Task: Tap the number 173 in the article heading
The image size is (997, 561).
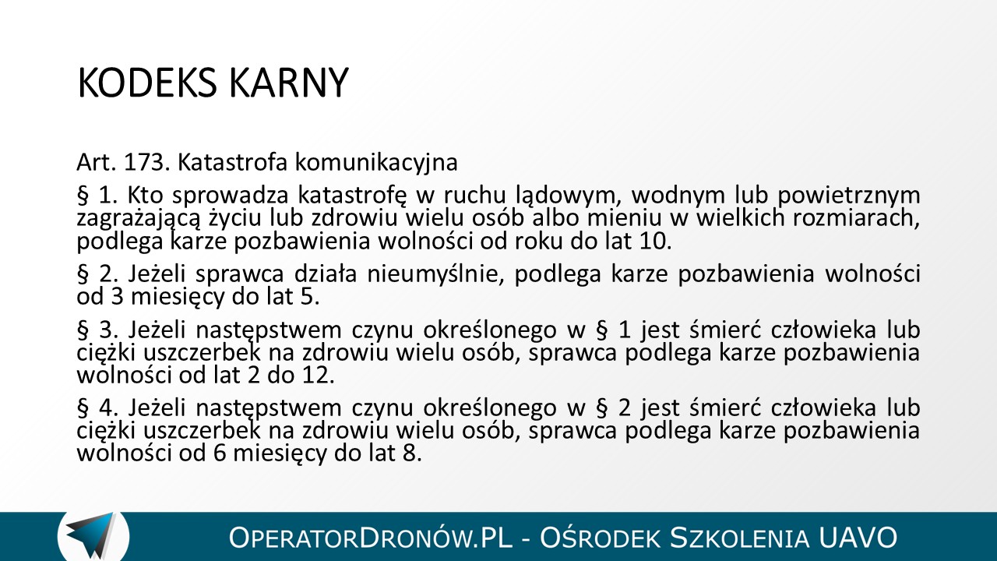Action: (144, 163)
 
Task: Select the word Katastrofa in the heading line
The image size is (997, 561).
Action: (233, 163)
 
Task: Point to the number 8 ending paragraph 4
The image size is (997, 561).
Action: (412, 453)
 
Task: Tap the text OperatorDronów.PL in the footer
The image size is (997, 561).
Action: (370, 538)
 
